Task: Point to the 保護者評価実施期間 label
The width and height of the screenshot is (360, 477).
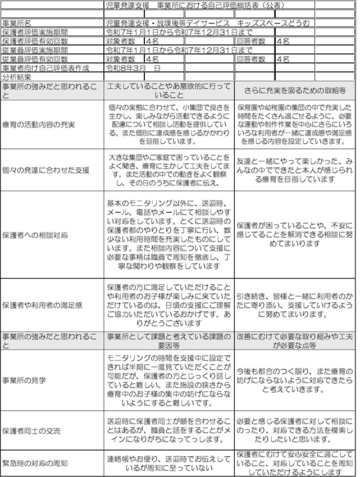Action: pyautogui.click(x=35, y=32)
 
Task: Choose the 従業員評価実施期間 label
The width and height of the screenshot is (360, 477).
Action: pyautogui.click(x=35, y=50)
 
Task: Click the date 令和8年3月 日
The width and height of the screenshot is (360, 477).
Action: pyautogui.click(x=134, y=67)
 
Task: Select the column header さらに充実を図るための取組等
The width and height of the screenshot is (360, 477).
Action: pyautogui.click(x=295, y=90)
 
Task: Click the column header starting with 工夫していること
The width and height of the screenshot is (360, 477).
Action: pyautogui.click(x=168, y=90)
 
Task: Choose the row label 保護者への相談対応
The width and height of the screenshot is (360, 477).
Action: pyautogui.click(x=35, y=234)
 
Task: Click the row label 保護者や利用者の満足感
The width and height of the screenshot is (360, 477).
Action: pyautogui.click(x=42, y=305)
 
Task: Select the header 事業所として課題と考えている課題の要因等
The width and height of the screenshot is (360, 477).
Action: pyautogui.click(x=168, y=341)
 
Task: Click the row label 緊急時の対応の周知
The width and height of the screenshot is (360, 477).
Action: pyautogui.click(x=35, y=463)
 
